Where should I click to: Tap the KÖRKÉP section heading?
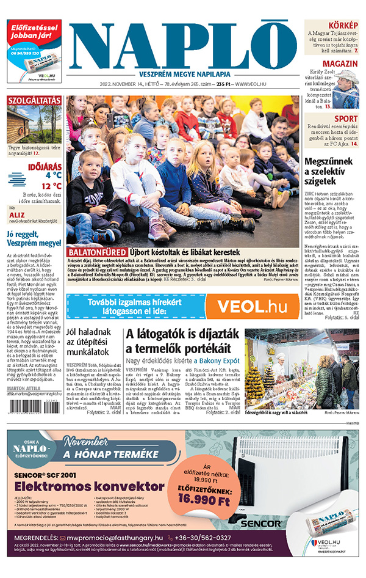[x=343, y=24]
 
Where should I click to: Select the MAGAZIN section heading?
[x=340, y=64]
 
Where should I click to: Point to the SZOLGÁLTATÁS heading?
[x=34, y=101]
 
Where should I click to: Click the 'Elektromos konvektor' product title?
[x=75, y=486]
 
